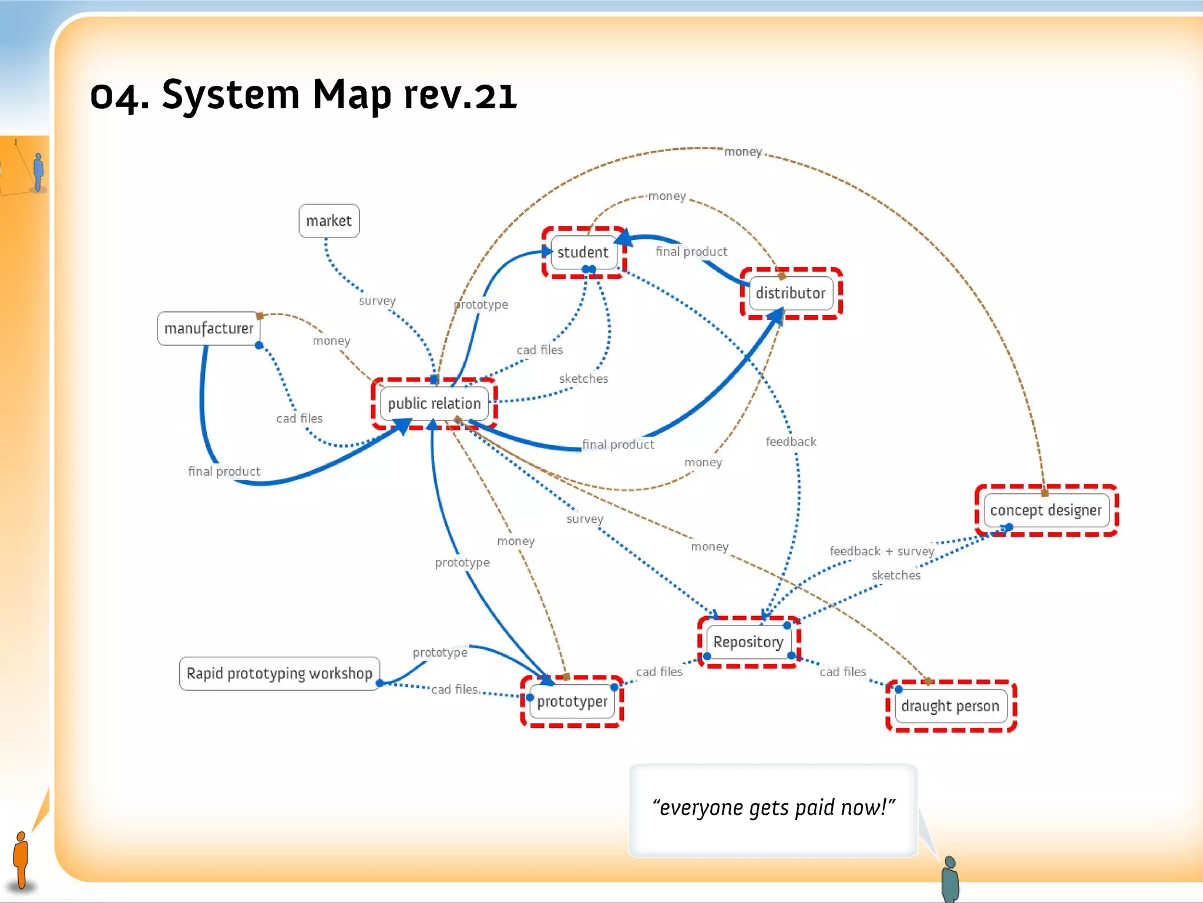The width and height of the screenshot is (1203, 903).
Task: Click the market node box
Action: point(329,221)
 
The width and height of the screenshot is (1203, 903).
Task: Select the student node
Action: point(583,252)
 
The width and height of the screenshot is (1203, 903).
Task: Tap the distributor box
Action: point(790,293)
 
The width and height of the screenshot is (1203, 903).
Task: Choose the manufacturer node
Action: point(209,328)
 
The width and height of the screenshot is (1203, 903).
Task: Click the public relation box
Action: point(434,403)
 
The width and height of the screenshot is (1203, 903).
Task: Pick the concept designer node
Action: point(1046,510)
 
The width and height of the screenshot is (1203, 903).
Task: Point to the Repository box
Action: point(748,642)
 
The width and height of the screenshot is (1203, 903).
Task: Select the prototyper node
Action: point(572,701)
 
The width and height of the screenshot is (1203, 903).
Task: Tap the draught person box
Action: point(950,706)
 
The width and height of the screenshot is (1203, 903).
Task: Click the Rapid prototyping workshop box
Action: point(279,673)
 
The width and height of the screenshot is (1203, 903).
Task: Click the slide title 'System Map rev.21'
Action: point(303,95)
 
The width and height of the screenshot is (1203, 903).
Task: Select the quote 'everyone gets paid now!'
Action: point(773,808)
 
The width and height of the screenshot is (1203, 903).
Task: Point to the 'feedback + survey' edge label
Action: point(881,551)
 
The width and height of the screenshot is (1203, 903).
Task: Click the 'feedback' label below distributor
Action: point(791,442)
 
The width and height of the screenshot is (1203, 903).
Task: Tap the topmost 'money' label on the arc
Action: point(742,152)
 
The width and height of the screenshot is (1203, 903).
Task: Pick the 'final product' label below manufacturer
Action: point(224,471)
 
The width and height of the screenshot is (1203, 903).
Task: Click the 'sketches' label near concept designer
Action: point(896,576)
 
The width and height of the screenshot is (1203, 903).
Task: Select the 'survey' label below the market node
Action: point(377,301)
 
